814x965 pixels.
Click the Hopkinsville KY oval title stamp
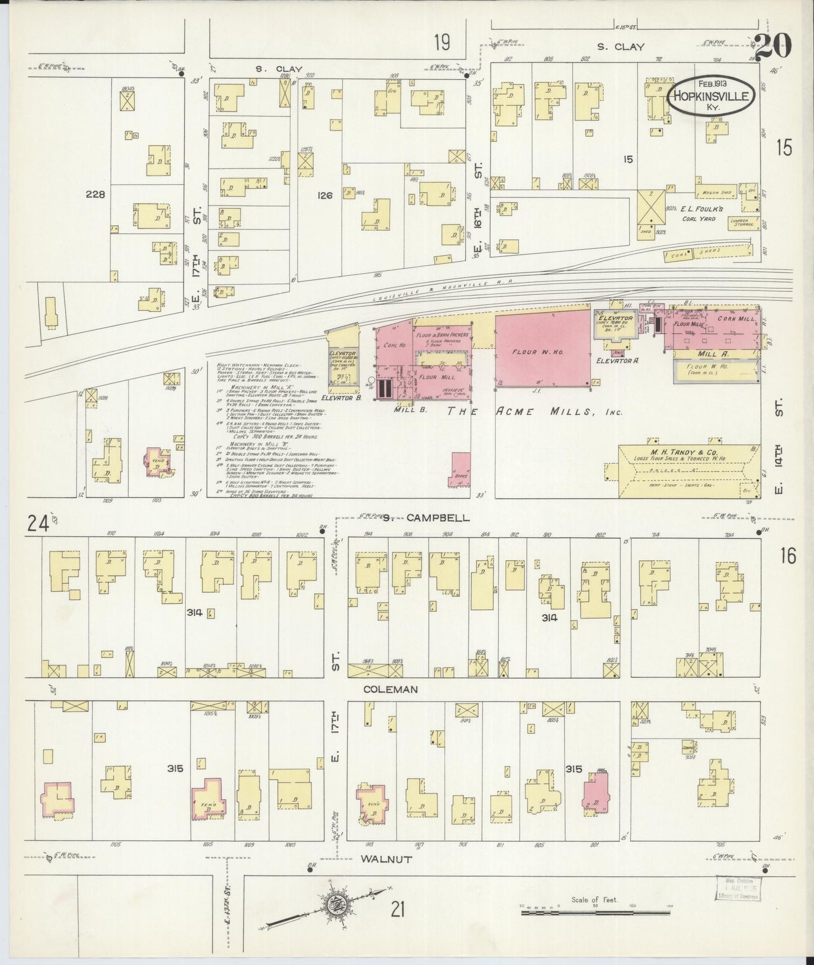(x=711, y=96)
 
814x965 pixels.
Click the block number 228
(x=96, y=194)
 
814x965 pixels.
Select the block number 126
(x=325, y=195)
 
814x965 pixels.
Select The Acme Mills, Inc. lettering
(x=535, y=412)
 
